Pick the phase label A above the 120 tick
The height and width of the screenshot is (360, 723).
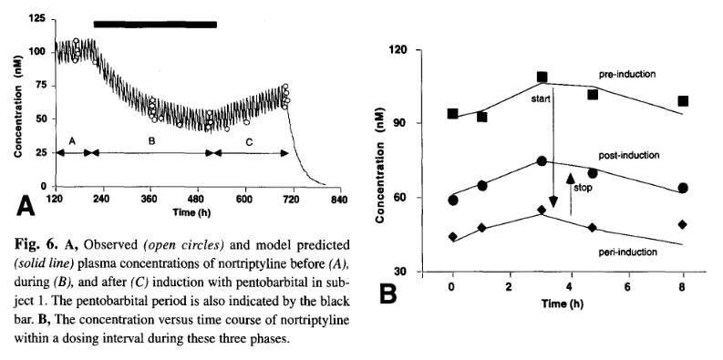click(x=71, y=141)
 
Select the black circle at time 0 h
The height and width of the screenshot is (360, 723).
click(x=453, y=200)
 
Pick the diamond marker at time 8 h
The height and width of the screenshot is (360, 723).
click(x=682, y=224)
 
